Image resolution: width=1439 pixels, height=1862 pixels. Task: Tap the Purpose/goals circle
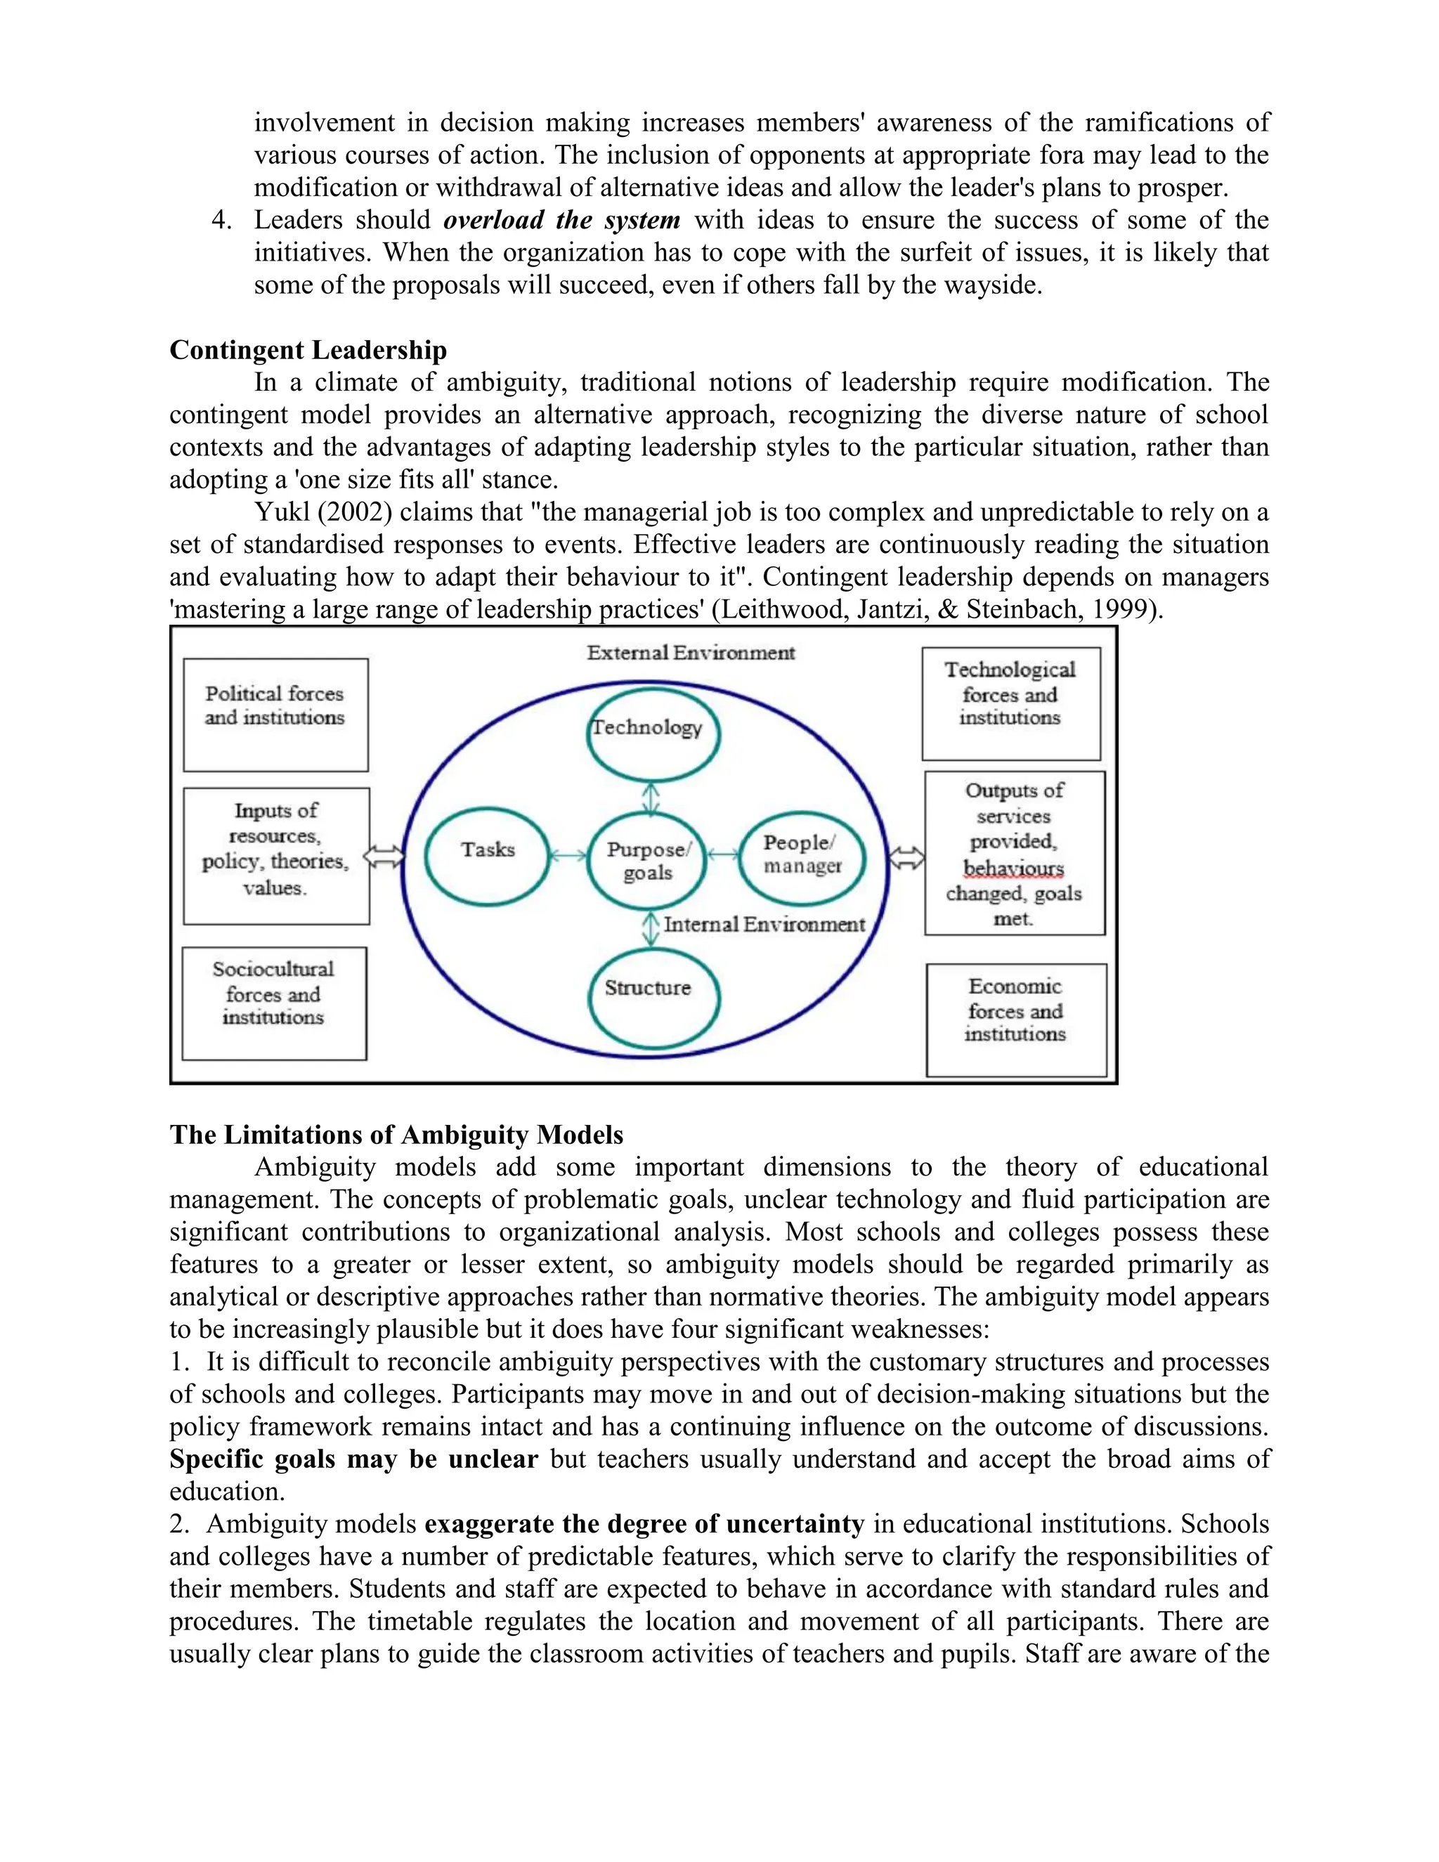[648, 861]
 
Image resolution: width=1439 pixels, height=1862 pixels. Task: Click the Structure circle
[654, 998]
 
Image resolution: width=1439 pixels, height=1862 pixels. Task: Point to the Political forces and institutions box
[275, 714]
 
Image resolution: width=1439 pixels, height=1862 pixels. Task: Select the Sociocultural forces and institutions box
[273, 1003]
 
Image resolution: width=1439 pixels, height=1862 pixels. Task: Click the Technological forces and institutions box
[1010, 703]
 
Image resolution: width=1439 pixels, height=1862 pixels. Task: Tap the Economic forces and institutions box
[1015, 1020]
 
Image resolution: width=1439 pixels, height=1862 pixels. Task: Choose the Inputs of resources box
[276, 855]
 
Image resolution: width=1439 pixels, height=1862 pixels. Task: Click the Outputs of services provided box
[1014, 852]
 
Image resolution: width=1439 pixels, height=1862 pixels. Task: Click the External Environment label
[691, 653]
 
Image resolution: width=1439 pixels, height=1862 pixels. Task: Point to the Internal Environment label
[764, 924]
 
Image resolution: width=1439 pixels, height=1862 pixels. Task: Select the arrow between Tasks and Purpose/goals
[568, 856]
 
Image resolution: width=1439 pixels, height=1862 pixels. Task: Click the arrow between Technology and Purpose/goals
[651, 799]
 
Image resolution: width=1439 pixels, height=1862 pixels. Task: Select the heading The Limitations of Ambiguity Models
[396, 1135]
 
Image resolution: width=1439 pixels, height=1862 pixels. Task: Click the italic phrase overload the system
[562, 220]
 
